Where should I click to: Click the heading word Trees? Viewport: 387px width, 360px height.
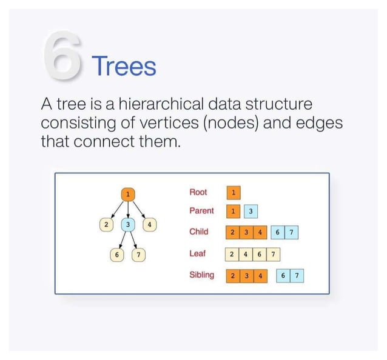[x=123, y=65]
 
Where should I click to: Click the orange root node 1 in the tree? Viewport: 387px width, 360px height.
[x=127, y=194]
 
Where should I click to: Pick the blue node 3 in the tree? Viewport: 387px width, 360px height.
[x=127, y=224]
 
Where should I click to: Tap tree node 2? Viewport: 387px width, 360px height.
[x=106, y=224]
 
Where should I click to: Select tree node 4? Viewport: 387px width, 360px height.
[x=149, y=224]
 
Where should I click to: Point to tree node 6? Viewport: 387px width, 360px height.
[x=116, y=254]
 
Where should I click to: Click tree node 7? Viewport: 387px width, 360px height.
[x=139, y=254]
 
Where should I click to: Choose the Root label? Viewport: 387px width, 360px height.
[x=198, y=192]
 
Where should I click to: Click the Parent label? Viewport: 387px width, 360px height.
[x=201, y=211]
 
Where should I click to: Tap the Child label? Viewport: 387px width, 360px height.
[x=198, y=232]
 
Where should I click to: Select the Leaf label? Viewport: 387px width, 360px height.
[x=197, y=253]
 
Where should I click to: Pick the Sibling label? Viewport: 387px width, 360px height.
[x=201, y=275]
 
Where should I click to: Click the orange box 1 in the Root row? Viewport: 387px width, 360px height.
[x=233, y=193]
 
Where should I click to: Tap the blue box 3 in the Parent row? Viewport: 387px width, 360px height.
[x=251, y=212]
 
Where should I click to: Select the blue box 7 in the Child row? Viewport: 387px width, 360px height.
[x=292, y=233]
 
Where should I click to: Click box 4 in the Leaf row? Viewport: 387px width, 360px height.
[x=245, y=254]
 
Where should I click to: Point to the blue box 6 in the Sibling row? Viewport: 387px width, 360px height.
[x=283, y=276]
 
